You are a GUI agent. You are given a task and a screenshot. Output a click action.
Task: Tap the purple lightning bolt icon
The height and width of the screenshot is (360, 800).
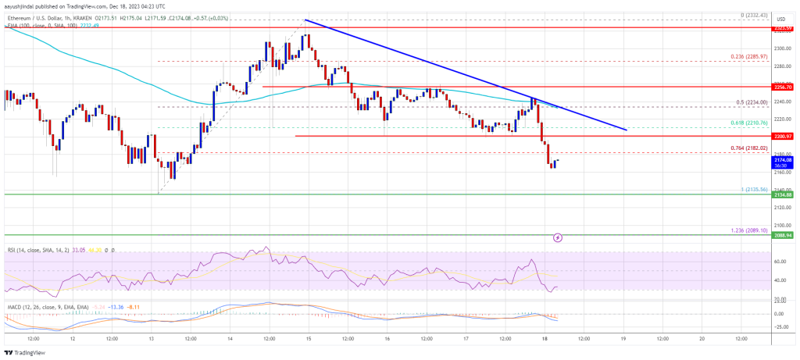tap(558, 237)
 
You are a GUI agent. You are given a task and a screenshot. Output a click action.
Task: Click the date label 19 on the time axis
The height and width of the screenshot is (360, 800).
tap(623, 340)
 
